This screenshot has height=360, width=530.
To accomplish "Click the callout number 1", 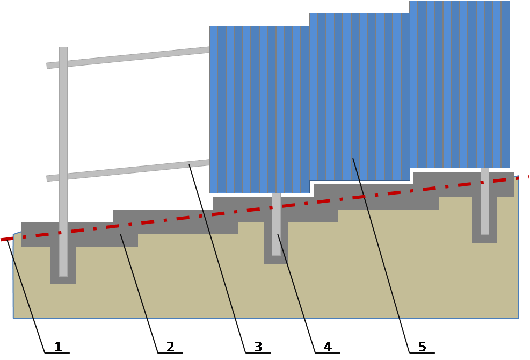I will [58, 347].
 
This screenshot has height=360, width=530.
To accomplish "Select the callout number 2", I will [170, 347].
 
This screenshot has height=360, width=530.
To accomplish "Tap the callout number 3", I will [258, 347].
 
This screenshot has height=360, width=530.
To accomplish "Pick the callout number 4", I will [327, 347].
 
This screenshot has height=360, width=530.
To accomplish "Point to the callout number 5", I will [422, 347].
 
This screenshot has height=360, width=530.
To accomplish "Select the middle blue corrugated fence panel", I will [360, 97].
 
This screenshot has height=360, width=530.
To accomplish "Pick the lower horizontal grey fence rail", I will [129, 170].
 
